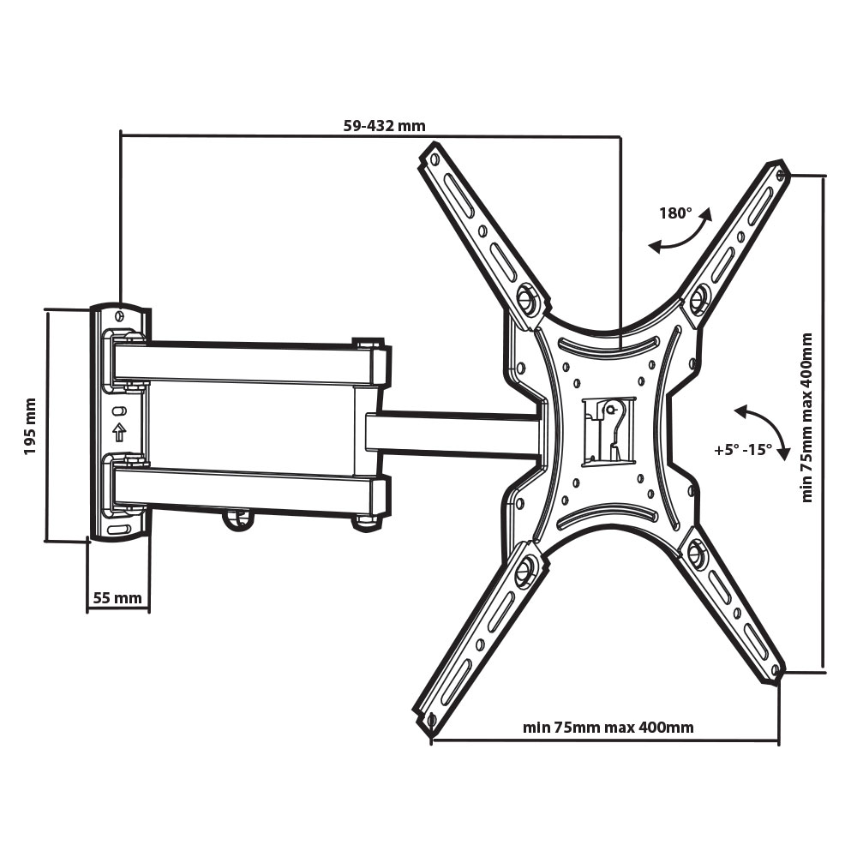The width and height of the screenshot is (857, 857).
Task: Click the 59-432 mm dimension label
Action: coord(384,126)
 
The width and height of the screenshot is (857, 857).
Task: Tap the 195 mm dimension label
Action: coord(30,426)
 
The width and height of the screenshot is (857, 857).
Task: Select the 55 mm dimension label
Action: coord(117,598)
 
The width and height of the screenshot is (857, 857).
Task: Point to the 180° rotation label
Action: coord(675,213)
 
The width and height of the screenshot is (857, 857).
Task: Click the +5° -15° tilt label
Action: coord(743,450)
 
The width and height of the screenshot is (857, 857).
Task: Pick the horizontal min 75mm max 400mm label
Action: coord(608,728)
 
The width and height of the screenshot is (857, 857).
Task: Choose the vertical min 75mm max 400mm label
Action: coord(807,417)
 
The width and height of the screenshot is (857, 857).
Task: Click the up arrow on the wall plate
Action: coord(119,432)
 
